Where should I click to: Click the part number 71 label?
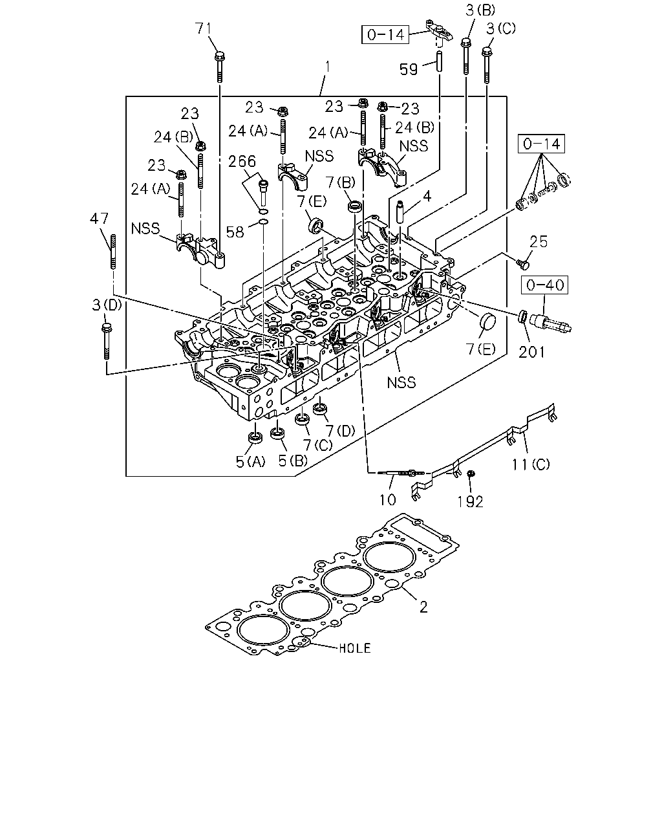pyautogui.click(x=203, y=29)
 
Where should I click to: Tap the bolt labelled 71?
pyautogui.click(x=220, y=67)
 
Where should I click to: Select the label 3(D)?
pyautogui.click(x=107, y=305)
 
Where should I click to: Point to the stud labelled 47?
pyautogui.click(x=113, y=252)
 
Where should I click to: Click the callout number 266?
pyautogui.click(x=242, y=161)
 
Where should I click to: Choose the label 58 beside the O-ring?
pyautogui.click(x=235, y=232)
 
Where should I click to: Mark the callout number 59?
pyautogui.click(x=409, y=69)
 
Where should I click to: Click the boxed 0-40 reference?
pyautogui.click(x=544, y=285)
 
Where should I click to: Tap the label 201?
pyautogui.click(x=531, y=352)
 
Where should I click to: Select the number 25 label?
pyautogui.click(x=539, y=242)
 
